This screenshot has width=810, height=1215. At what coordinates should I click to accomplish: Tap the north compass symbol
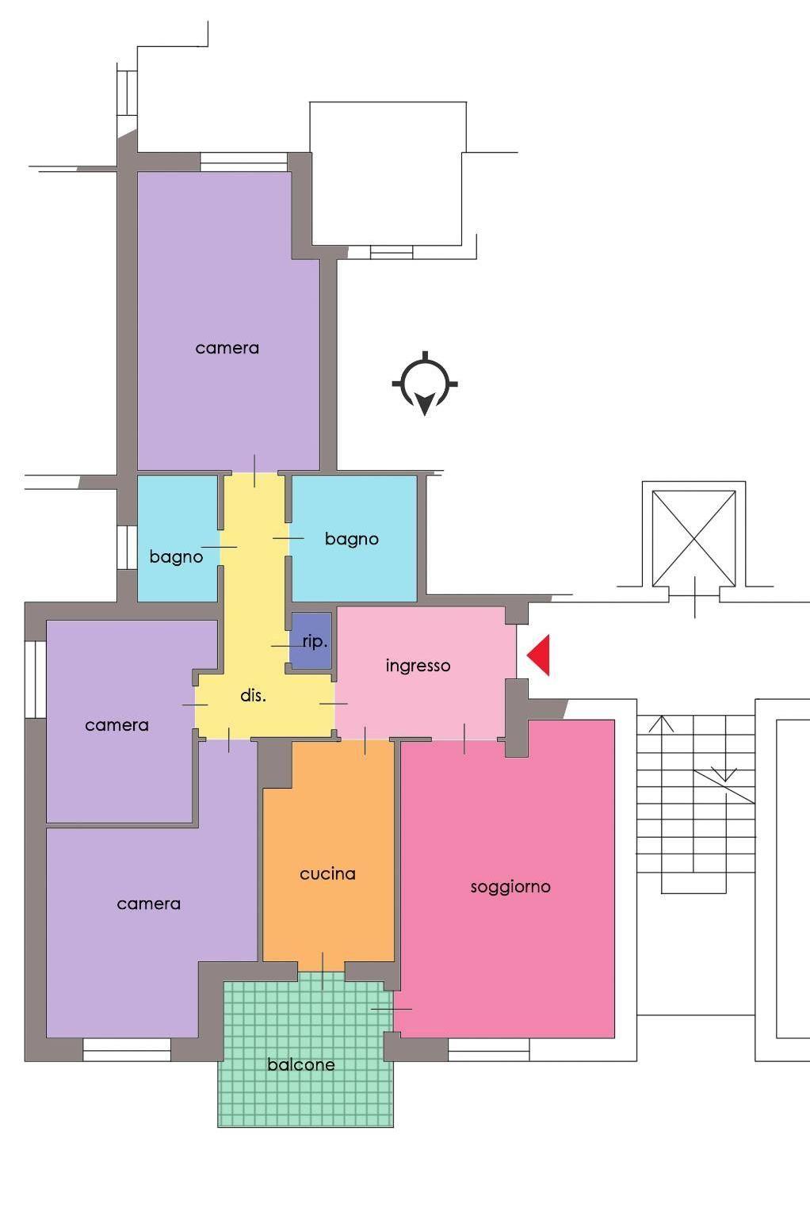pyautogui.click(x=425, y=384)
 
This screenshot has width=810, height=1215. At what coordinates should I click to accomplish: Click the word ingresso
pyautogui.click(x=418, y=666)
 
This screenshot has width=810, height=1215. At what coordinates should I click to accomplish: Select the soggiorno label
pyautogui.click(x=510, y=887)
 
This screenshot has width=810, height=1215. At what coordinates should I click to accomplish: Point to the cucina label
pyautogui.click(x=327, y=874)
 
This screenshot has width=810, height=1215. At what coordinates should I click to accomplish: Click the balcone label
pyautogui.click(x=301, y=1064)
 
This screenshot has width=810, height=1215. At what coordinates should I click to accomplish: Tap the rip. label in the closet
pyautogui.click(x=315, y=642)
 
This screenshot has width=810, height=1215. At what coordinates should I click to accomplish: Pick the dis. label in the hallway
pyautogui.click(x=253, y=695)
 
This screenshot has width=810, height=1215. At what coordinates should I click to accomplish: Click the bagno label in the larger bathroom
pyautogui.click(x=352, y=539)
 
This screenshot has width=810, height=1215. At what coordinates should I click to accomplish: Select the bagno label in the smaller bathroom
pyautogui.click(x=176, y=557)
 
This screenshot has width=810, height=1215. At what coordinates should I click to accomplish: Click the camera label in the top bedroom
pyautogui.click(x=227, y=348)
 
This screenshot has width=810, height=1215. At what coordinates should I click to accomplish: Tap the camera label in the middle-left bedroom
pyautogui.click(x=117, y=725)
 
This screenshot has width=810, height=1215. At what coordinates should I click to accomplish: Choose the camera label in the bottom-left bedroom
pyautogui.click(x=148, y=904)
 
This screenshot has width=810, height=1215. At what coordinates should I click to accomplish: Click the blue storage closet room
pyautogui.click(x=311, y=640)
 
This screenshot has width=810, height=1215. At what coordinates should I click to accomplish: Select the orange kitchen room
pyautogui.click(x=329, y=856)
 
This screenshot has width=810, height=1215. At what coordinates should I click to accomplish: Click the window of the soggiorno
pyautogui.click(x=488, y=1049)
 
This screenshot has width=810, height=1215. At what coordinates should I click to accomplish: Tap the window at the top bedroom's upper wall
pyautogui.click(x=243, y=162)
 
